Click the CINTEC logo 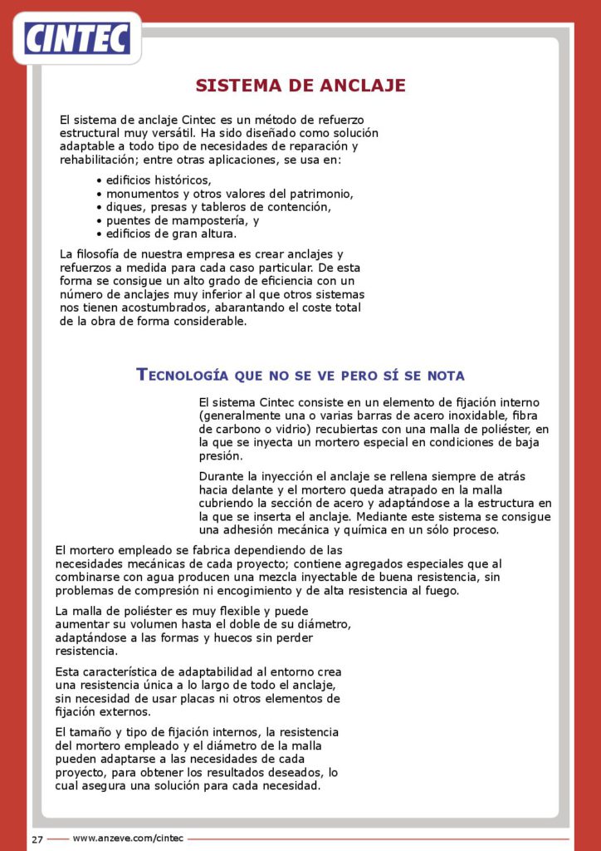tap(77, 37)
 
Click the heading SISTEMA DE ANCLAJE tap(300, 86)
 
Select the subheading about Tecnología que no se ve tap(300, 374)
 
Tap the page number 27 tap(37, 839)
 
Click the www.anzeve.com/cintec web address tap(128, 838)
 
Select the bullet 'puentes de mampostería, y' tap(183, 220)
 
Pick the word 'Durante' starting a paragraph tap(222, 476)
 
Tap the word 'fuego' tap(436, 591)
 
